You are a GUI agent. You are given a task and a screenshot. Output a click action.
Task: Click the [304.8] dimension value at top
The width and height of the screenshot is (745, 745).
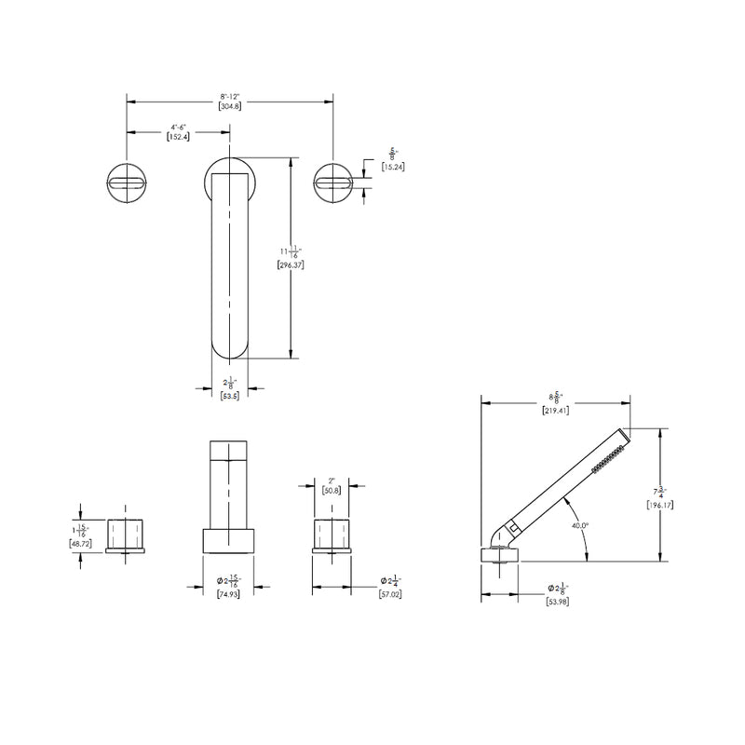230,106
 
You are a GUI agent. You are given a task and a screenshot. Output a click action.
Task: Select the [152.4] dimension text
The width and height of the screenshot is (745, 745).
179,136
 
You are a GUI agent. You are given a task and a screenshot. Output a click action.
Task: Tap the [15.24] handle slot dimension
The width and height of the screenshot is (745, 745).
393,166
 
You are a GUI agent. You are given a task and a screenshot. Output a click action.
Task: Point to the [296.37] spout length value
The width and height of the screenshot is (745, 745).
291,264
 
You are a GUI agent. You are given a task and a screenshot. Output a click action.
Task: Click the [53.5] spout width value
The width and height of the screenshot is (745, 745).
230,395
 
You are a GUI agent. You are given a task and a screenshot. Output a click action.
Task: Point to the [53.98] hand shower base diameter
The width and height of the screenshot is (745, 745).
555,602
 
